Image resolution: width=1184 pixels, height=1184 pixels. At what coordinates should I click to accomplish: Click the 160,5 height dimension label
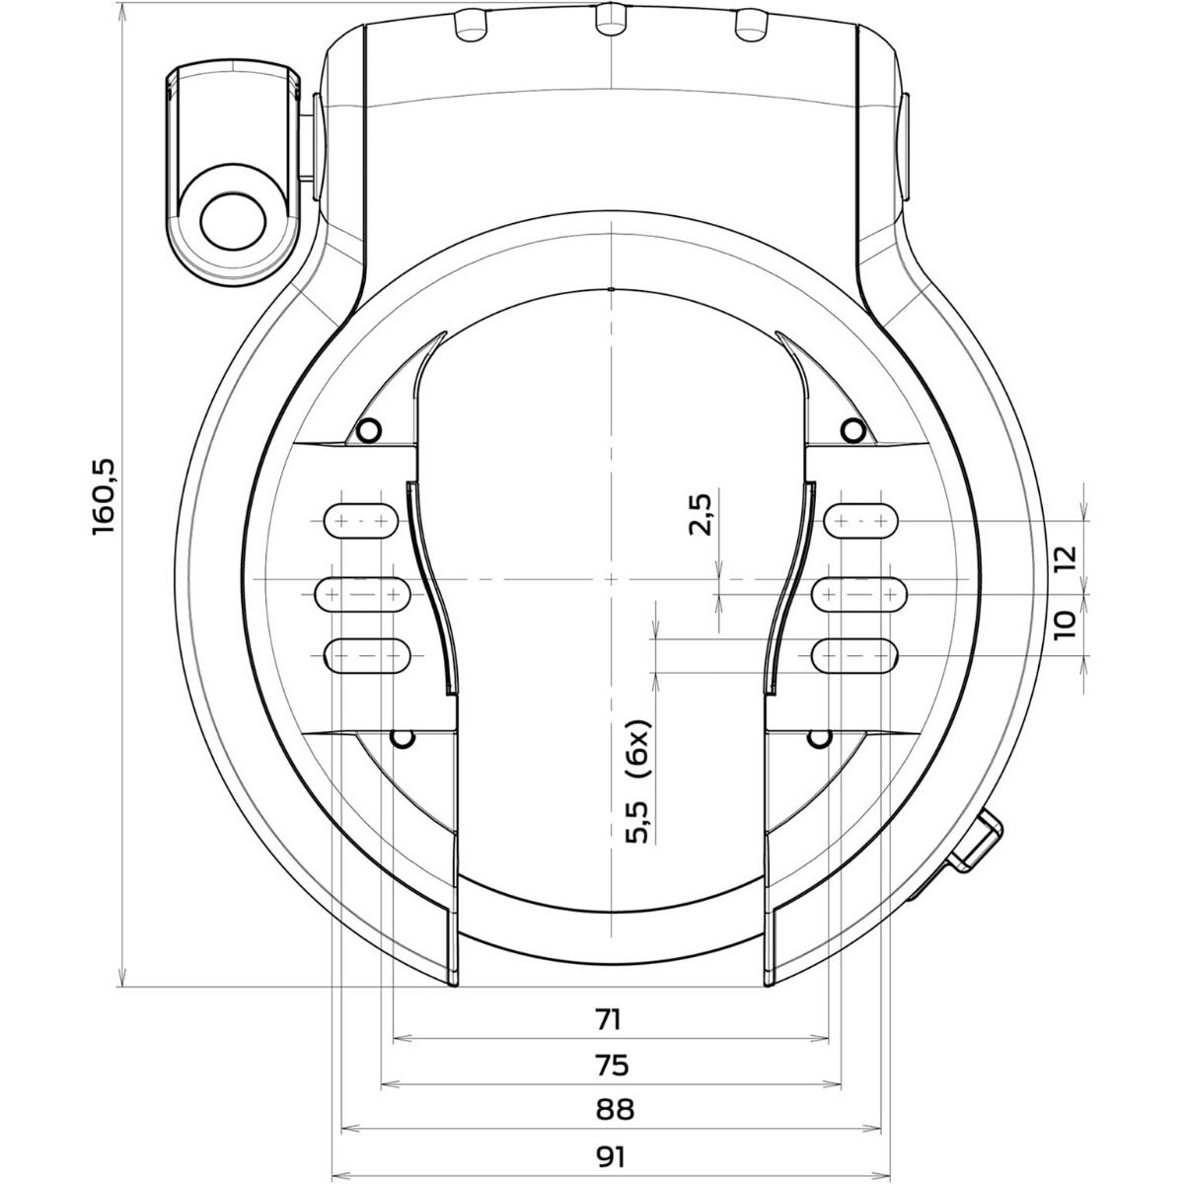(x=106, y=497)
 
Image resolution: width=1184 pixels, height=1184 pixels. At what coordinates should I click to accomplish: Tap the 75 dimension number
(x=613, y=1065)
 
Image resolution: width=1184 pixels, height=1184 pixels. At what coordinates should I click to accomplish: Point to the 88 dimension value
(x=613, y=1110)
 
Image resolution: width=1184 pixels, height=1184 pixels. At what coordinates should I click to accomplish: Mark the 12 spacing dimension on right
(x=1063, y=557)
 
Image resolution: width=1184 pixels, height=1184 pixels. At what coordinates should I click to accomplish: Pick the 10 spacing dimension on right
(x=1063, y=625)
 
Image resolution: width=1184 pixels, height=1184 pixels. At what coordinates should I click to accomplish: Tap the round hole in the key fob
(x=234, y=220)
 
